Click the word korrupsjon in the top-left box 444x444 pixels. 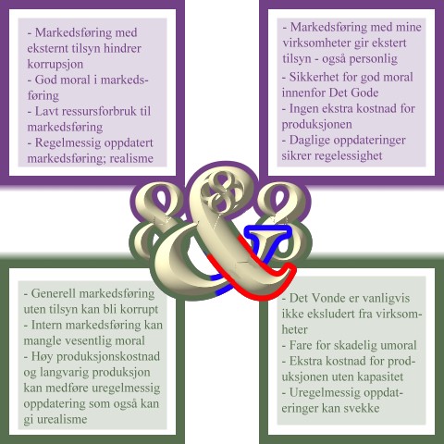pyautogui.click(x=55, y=65)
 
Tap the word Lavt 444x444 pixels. pyautogui.click(x=46, y=111)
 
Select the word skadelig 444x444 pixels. pyautogui.click(x=348, y=345)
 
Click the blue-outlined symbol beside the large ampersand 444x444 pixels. pyautogui.click(x=267, y=243)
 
